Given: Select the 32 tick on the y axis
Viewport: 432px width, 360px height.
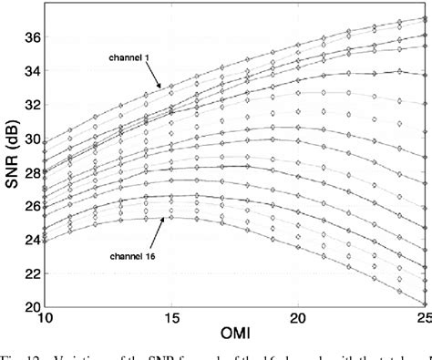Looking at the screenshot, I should (31, 105).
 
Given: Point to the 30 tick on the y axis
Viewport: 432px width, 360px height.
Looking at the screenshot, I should (31, 139).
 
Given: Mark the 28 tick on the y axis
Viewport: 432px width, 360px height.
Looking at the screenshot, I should (31, 172).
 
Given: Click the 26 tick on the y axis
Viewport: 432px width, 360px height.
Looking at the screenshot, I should (31, 206).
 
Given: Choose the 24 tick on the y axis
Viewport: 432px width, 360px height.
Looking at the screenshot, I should (31, 240).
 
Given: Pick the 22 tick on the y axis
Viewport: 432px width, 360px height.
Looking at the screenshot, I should (31, 273).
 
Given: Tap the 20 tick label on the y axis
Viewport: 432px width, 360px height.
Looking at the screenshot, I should (31, 306).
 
